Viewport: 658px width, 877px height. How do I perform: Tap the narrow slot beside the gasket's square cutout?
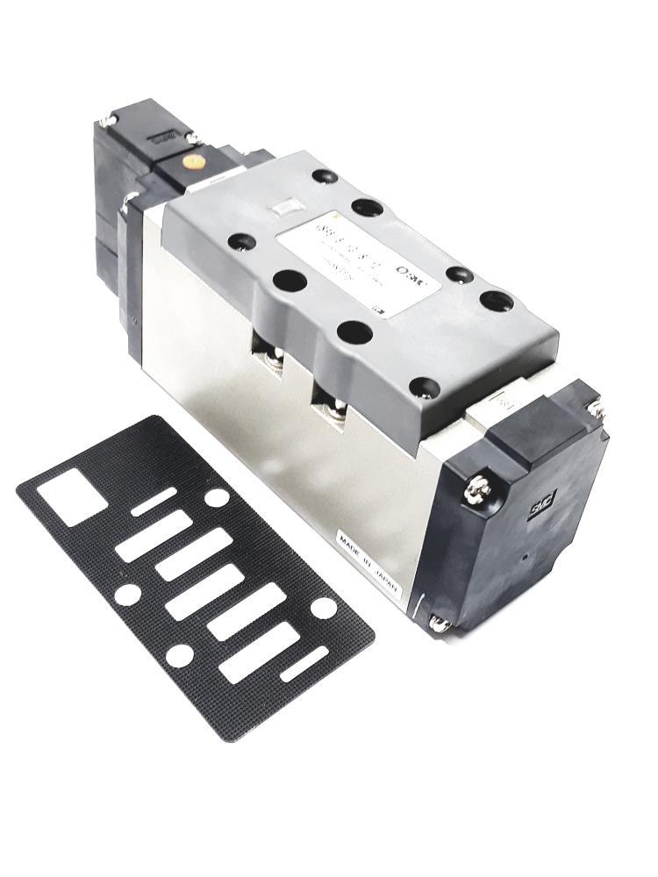[154, 503]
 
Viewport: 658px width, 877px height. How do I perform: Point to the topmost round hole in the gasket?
[216, 497]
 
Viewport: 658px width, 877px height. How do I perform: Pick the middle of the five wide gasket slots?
[204, 592]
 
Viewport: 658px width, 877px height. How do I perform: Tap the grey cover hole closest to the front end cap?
[426, 386]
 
